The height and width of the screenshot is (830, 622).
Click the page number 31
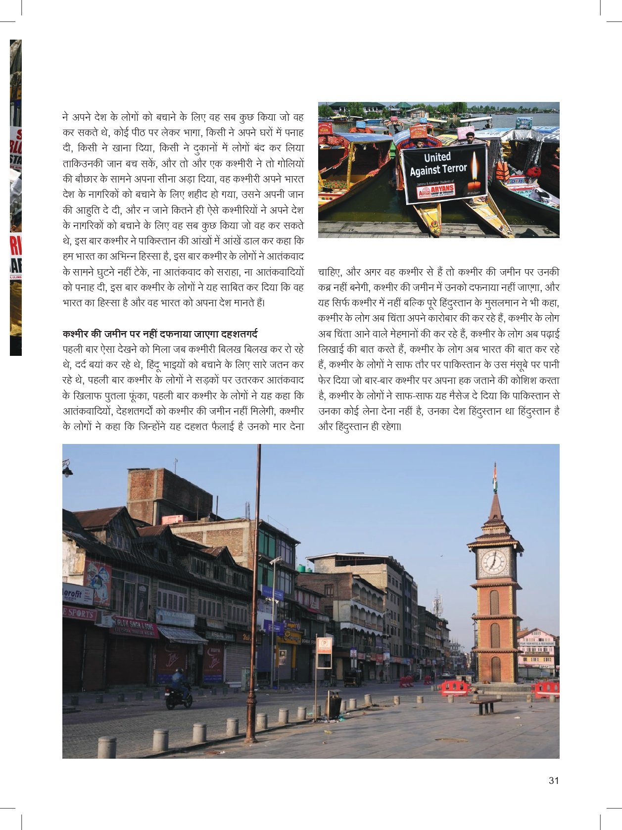pyautogui.click(x=554, y=781)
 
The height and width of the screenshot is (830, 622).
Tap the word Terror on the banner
pyautogui.click(x=454, y=168)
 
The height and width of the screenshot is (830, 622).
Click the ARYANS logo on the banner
pyautogui.click(x=436, y=191)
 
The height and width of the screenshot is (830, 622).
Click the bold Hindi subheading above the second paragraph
pyautogui.click(x=160, y=334)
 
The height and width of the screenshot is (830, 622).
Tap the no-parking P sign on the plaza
pyautogui.click(x=324, y=646)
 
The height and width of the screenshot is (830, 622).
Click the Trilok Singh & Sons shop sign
pyautogui.click(x=134, y=626)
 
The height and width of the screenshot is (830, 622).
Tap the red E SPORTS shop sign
pyautogui.click(x=79, y=614)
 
